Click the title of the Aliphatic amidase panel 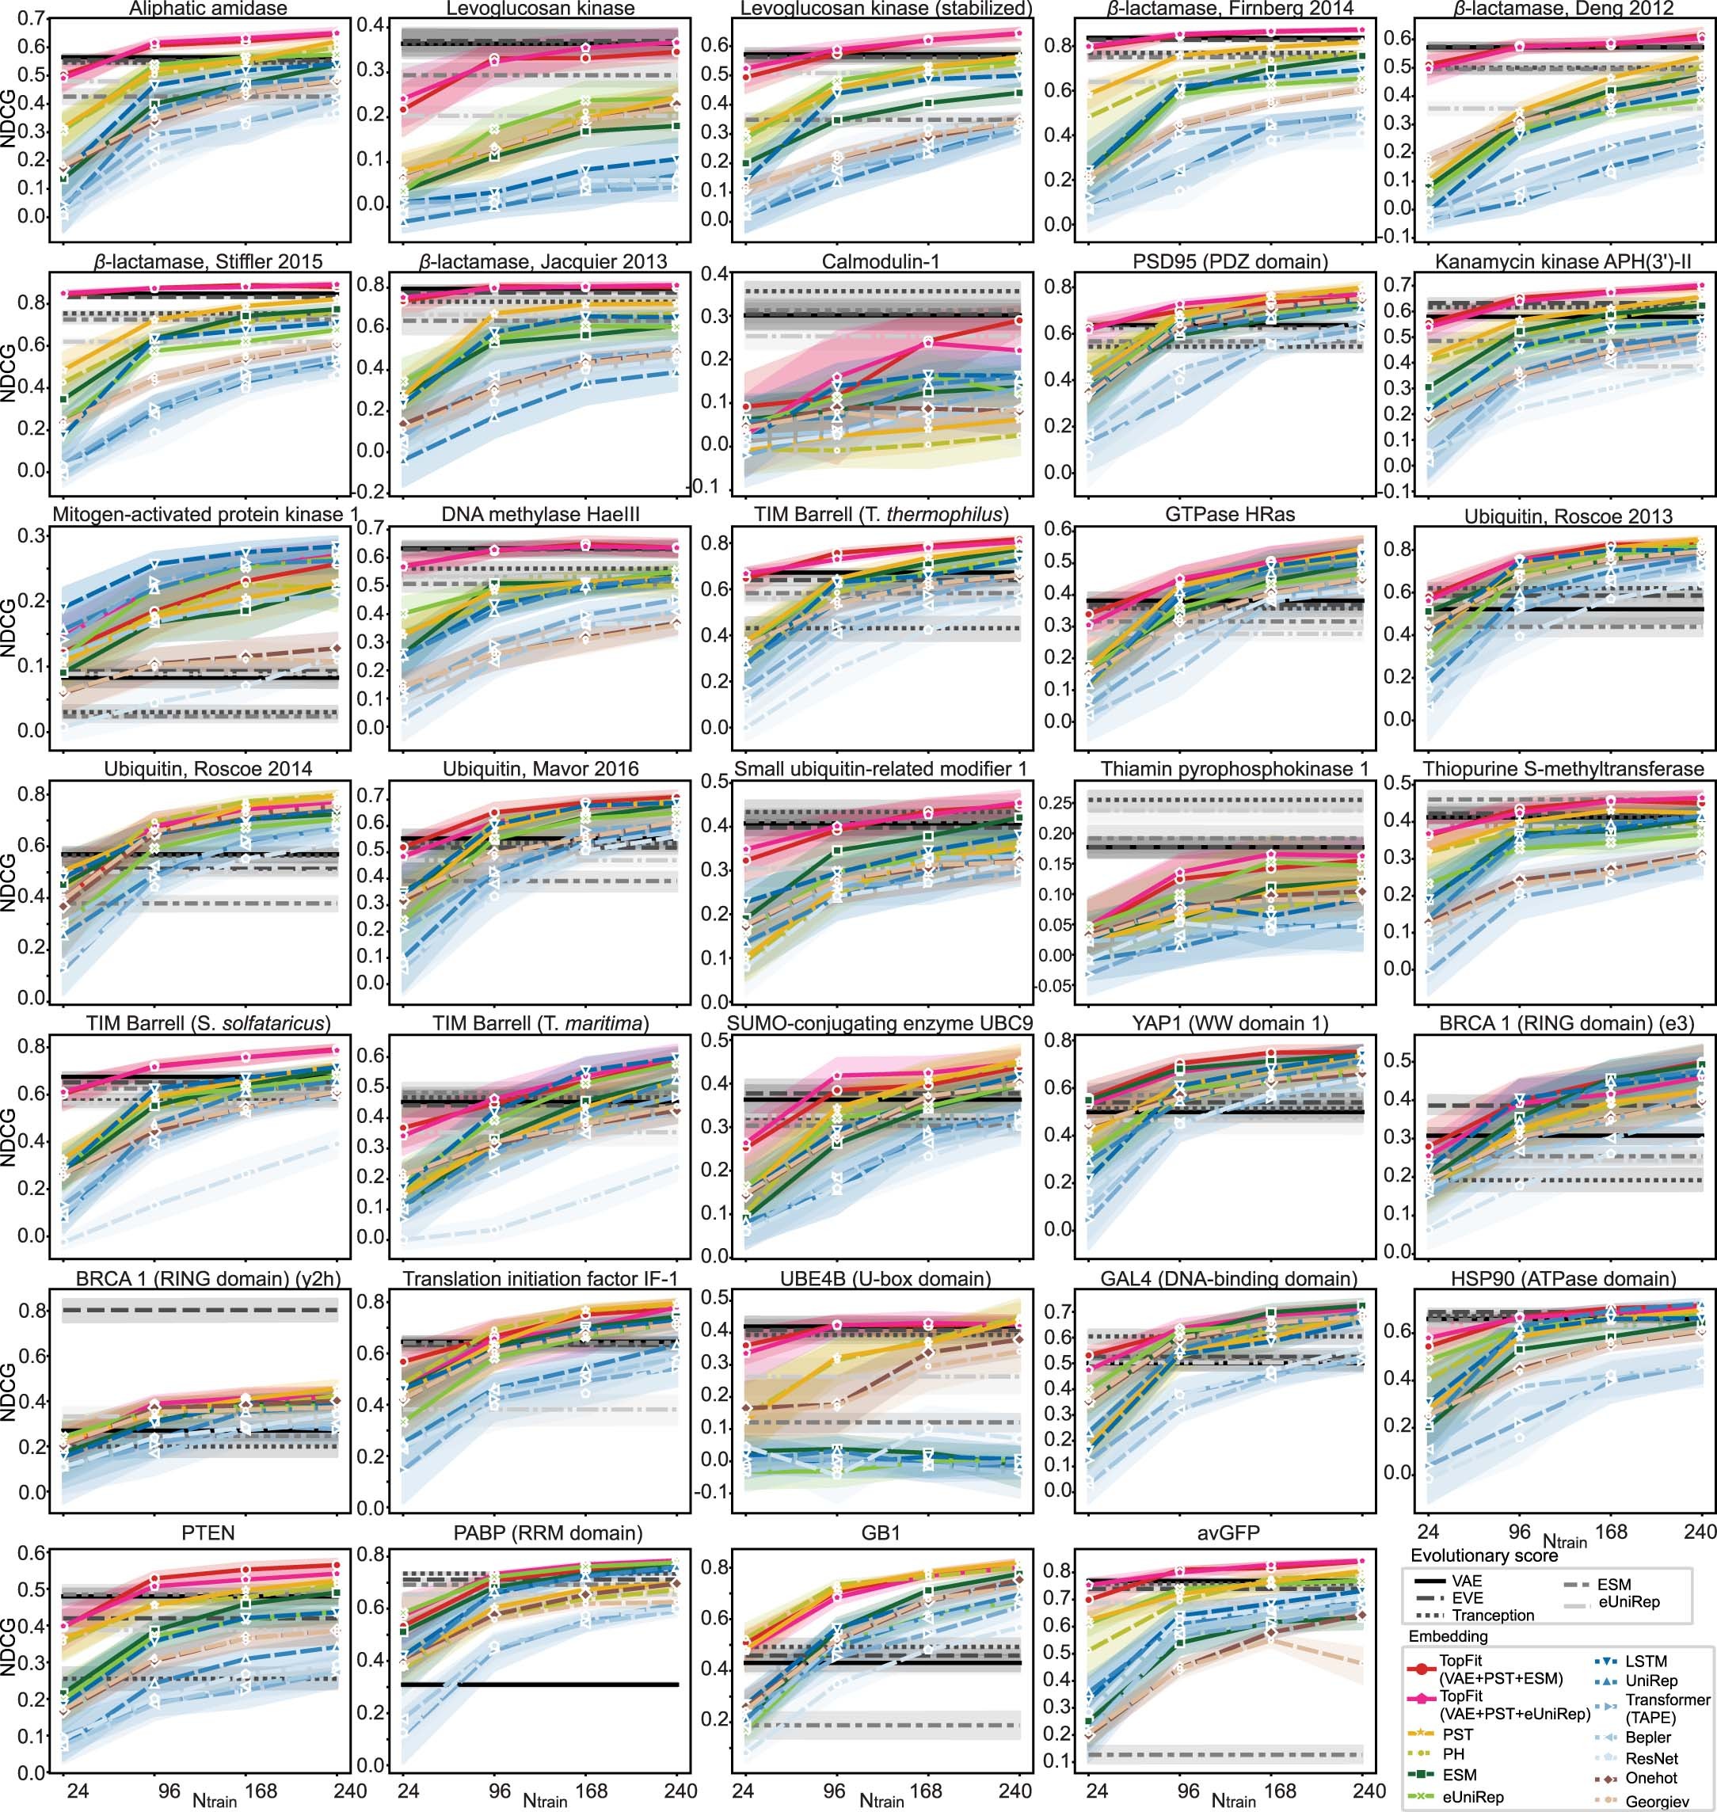(207, 10)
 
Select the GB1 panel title (881, 1532)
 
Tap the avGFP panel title (1228, 1532)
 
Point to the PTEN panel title (207, 1532)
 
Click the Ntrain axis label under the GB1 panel (881, 1800)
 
